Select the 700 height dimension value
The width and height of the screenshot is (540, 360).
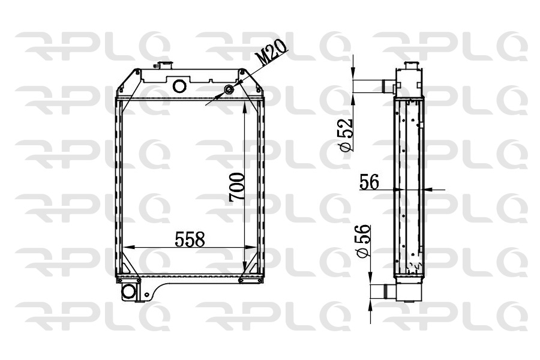(x=237, y=187)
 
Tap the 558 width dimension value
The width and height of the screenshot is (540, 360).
(x=190, y=239)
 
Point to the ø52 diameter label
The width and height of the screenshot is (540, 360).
(x=346, y=135)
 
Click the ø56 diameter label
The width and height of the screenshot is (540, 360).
(x=364, y=241)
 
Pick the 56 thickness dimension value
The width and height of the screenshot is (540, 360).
(x=369, y=182)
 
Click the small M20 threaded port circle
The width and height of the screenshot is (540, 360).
(x=229, y=89)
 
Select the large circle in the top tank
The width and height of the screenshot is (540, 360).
(x=179, y=86)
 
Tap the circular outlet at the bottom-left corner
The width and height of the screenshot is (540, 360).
(x=129, y=292)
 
